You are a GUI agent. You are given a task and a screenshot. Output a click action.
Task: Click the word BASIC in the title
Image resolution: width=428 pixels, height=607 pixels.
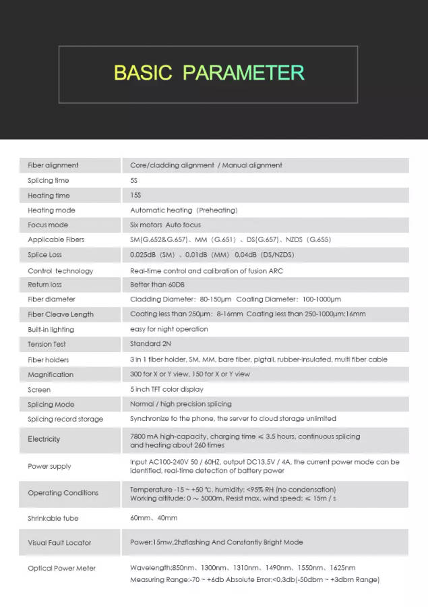(x=143, y=73)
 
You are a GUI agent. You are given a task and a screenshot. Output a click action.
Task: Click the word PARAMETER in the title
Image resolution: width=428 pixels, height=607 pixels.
(x=244, y=73)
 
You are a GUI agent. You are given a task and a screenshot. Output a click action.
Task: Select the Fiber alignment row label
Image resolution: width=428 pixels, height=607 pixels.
(x=53, y=165)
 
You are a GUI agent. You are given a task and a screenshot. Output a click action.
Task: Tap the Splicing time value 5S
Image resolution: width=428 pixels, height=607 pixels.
(x=135, y=181)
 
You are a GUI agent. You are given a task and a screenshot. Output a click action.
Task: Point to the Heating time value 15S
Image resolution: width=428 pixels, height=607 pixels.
(x=136, y=196)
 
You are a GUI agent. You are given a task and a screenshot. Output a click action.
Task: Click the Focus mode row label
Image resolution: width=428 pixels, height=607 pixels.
(x=48, y=225)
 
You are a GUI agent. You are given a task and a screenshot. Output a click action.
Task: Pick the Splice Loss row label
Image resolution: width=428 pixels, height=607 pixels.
(x=44, y=255)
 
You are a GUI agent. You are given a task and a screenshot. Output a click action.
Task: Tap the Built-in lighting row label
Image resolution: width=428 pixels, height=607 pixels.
(x=51, y=329)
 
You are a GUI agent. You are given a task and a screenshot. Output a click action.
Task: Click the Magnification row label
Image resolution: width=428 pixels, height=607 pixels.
(x=51, y=374)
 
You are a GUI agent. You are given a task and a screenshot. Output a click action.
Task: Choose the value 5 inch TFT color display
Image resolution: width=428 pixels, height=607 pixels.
(x=166, y=389)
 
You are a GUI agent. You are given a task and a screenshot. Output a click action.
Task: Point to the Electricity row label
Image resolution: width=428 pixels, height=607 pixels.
(x=44, y=439)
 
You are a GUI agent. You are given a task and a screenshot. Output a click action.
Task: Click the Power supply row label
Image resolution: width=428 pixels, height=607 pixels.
(x=49, y=466)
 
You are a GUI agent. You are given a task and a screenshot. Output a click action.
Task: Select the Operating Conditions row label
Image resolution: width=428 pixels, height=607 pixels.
(x=63, y=493)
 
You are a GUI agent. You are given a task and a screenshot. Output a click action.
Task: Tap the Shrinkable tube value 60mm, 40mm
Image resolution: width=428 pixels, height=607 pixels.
(x=154, y=518)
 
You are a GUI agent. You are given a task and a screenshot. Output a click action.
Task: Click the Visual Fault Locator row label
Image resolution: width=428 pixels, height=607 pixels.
(x=59, y=542)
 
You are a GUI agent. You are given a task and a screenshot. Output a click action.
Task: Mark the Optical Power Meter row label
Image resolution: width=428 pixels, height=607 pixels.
(x=61, y=568)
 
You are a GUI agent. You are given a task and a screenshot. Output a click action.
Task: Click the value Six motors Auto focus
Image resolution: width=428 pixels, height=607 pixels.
(x=165, y=225)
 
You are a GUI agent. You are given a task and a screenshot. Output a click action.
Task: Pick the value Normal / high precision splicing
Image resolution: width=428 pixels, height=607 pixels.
(x=181, y=404)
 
